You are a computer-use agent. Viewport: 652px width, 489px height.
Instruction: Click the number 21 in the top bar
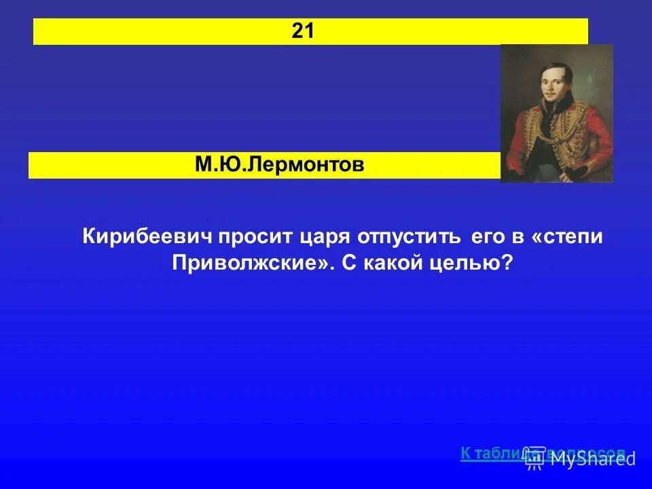[x=303, y=31]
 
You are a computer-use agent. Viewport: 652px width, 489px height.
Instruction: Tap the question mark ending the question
[x=507, y=263]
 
